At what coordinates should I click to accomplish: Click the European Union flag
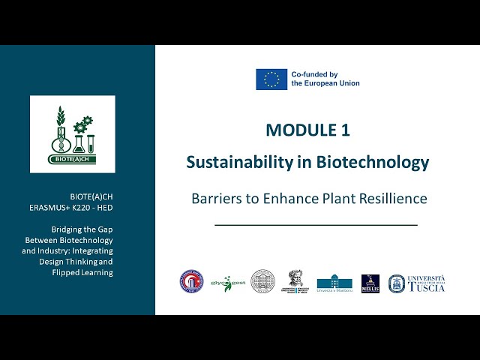[271, 79]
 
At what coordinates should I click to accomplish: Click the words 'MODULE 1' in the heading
[307, 130]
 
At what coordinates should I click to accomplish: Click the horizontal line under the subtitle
[316, 224]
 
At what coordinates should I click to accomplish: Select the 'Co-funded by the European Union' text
[325, 79]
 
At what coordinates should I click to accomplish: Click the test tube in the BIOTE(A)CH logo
[91, 139]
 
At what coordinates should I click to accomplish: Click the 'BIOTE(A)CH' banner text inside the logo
[73, 159]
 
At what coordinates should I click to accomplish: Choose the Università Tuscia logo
[416, 283]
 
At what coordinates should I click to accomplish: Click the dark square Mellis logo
[370, 283]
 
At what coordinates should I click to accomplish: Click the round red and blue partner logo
[191, 282]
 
